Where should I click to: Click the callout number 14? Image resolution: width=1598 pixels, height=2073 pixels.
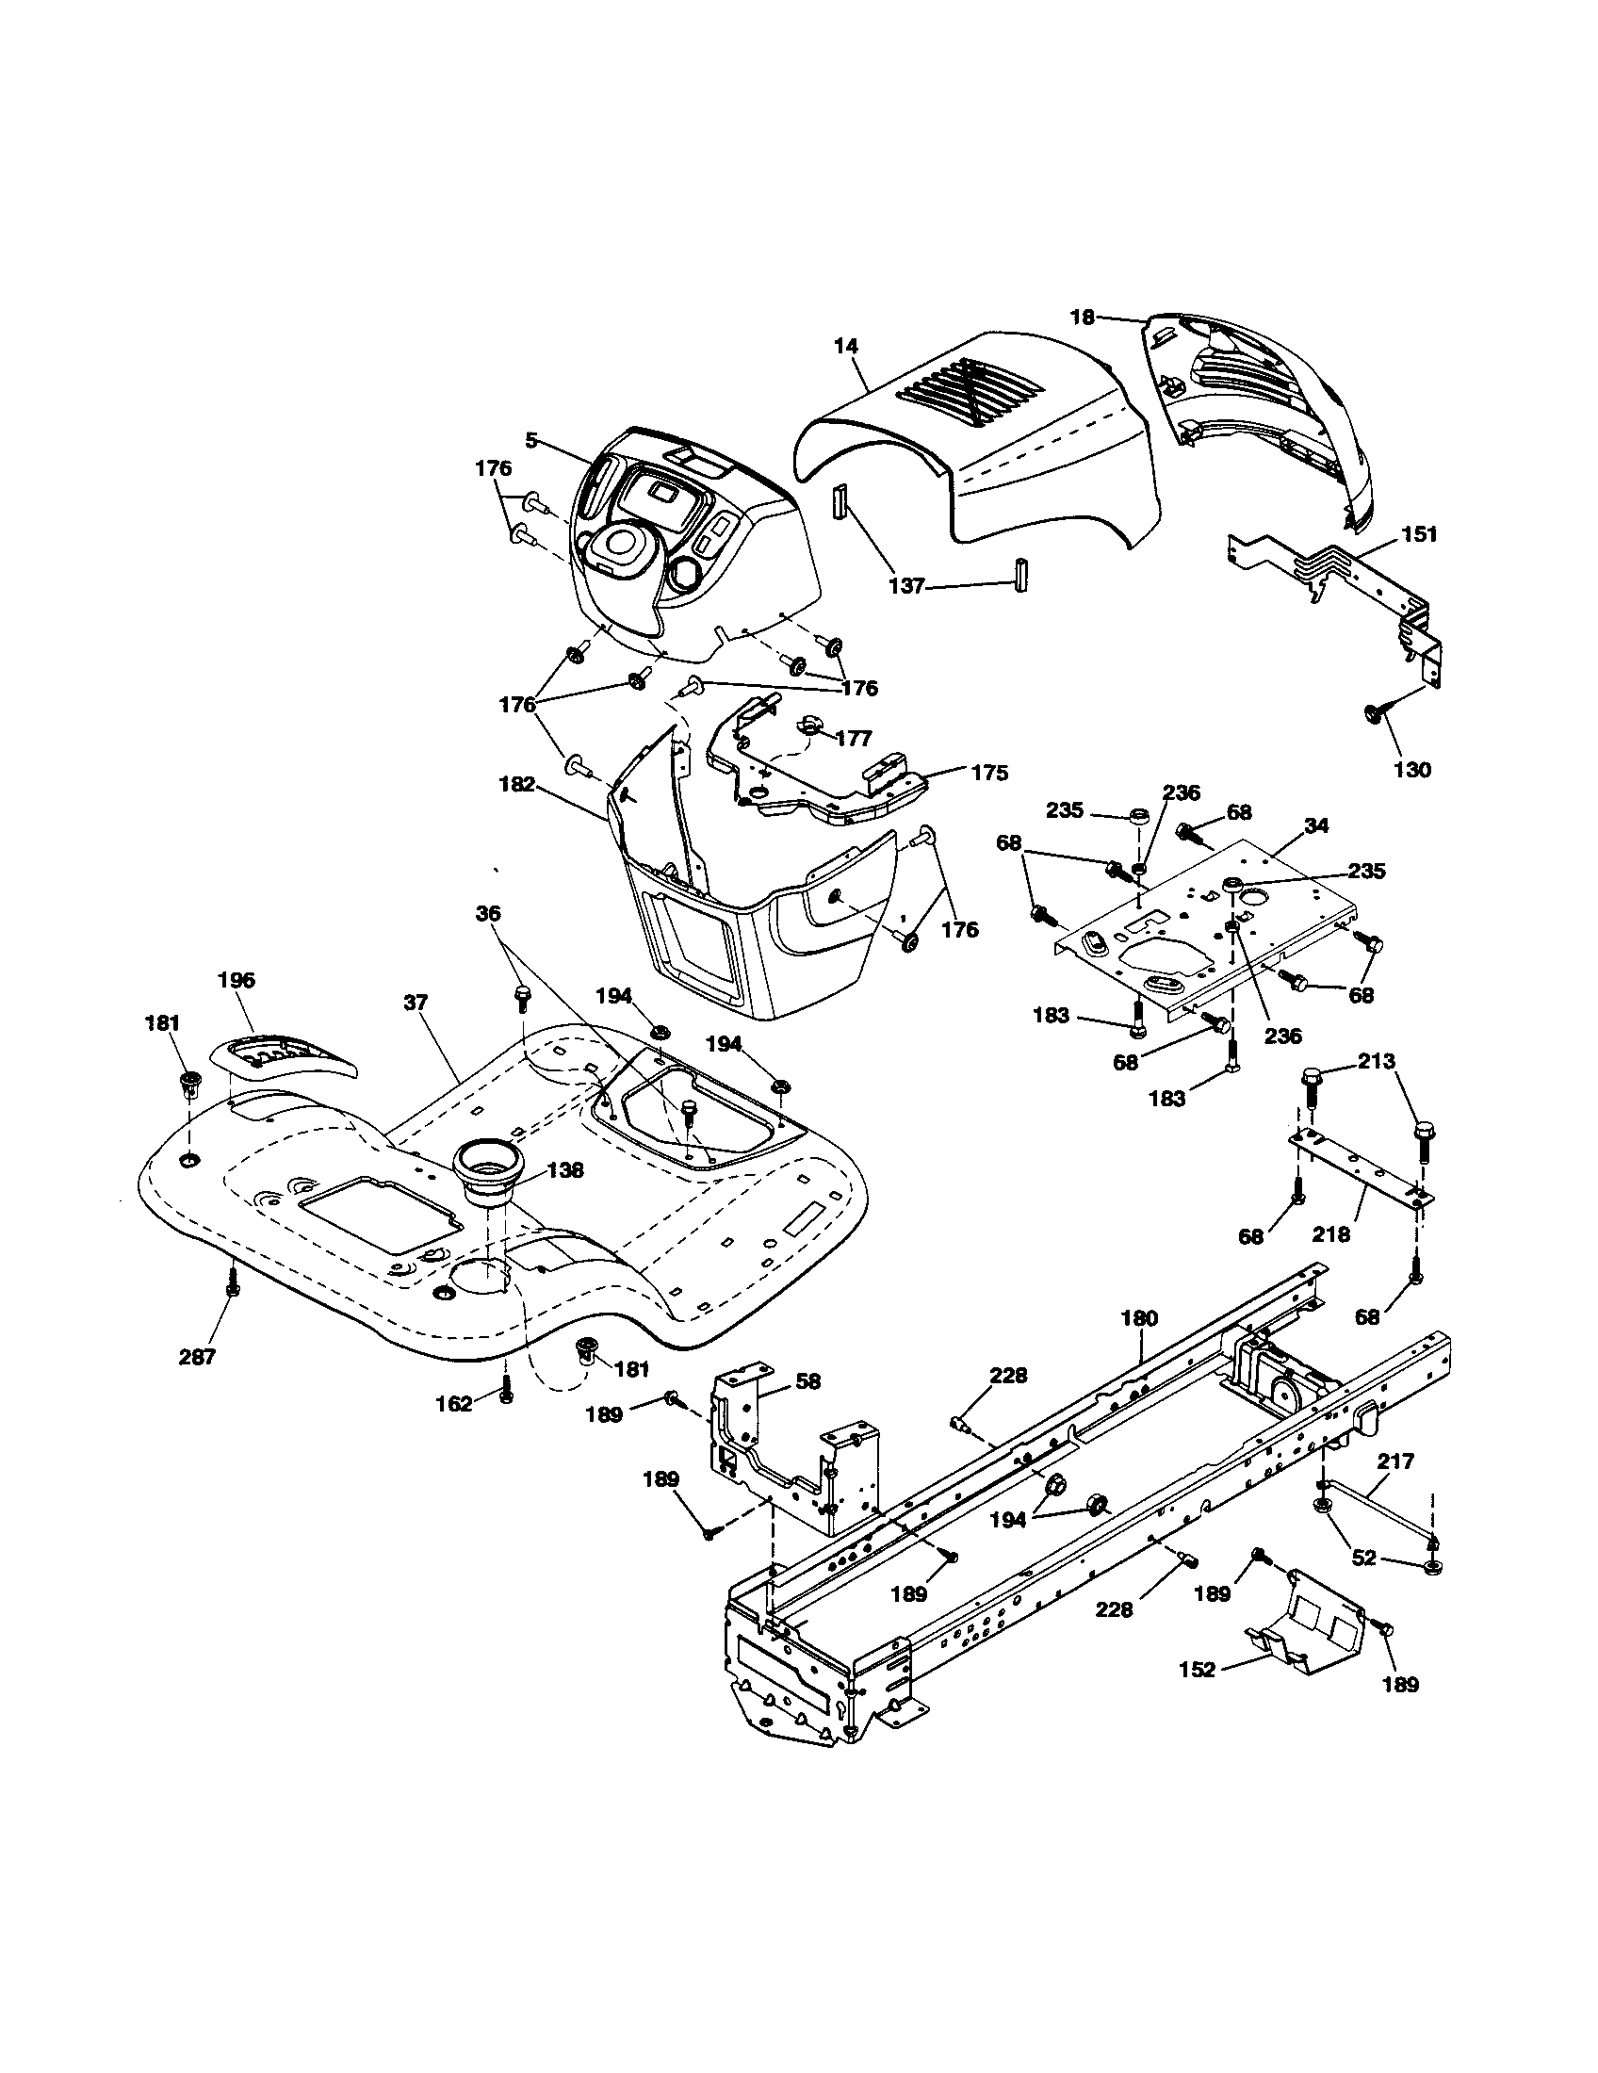[x=845, y=347]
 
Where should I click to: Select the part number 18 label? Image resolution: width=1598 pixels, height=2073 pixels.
[x=1083, y=317]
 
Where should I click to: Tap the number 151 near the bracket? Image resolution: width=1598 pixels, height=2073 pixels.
[x=1420, y=534]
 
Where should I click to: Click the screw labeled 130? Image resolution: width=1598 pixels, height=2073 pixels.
[x=1372, y=713]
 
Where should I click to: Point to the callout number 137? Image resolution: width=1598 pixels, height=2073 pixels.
[x=906, y=587]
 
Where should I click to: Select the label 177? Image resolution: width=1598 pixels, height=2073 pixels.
[x=854, y=739]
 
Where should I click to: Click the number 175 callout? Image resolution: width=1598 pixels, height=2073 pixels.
[x=989, y=773]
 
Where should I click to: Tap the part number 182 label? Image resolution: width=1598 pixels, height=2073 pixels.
[x=516, y=785]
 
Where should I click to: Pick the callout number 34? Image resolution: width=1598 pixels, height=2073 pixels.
[x=1315, y=825]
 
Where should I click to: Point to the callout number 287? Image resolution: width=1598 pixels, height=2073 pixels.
[x=197, y=1356]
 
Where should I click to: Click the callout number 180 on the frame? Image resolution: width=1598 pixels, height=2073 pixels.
[x=1139, y=1317]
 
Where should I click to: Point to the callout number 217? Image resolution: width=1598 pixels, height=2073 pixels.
[x=1394, y=1461]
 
